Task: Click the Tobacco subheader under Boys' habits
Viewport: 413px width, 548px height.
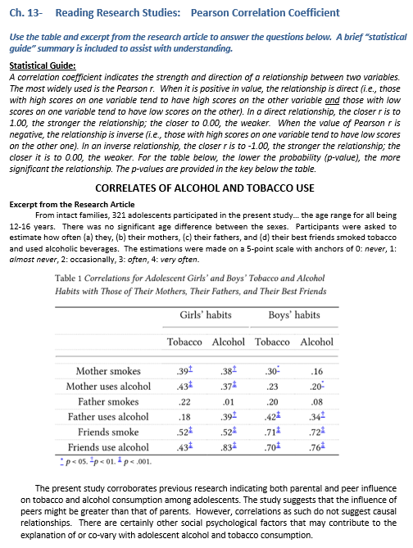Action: pos(273,342)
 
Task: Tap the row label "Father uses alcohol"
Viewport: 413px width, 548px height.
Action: pos(107,416)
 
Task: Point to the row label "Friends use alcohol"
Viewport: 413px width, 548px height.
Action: pos(108,446)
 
